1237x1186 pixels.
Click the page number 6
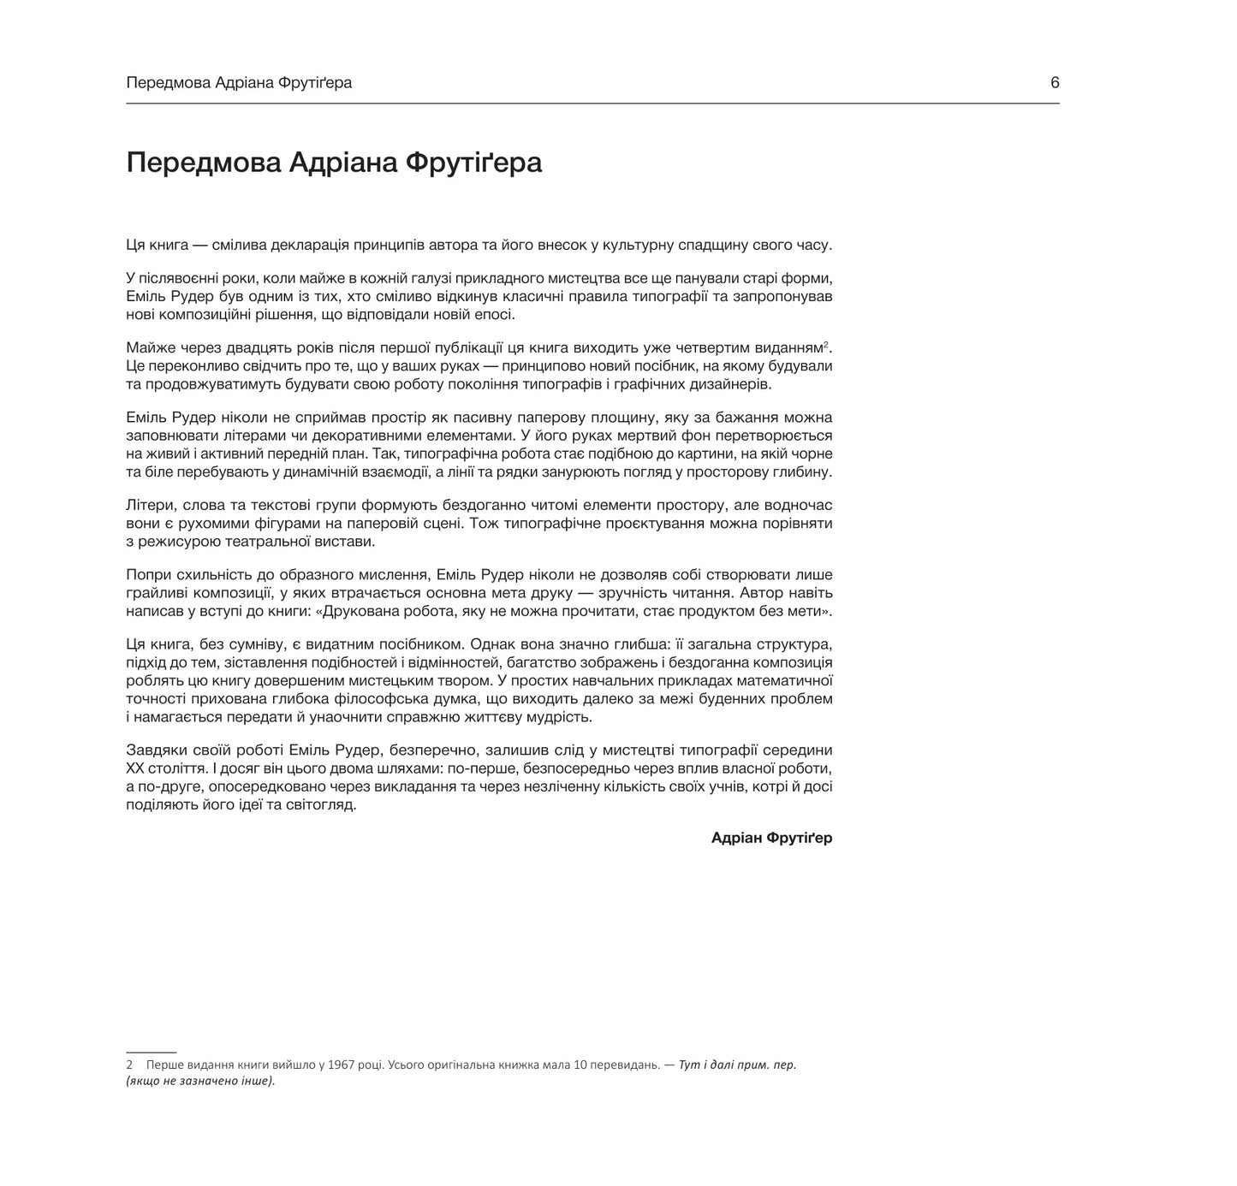(x=1055, y=83)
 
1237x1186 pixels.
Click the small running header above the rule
(x=239, y=83)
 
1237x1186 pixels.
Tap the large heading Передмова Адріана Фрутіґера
(x=334, y=163)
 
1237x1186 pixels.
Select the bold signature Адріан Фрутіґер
(x=771, y=838)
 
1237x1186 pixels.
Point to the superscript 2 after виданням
(x=826, y=344)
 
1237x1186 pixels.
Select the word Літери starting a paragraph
(x=149, y=505)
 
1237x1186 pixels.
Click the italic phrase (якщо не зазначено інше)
(x=200, y=1081)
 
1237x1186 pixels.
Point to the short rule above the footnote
(x=151, y=1051)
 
